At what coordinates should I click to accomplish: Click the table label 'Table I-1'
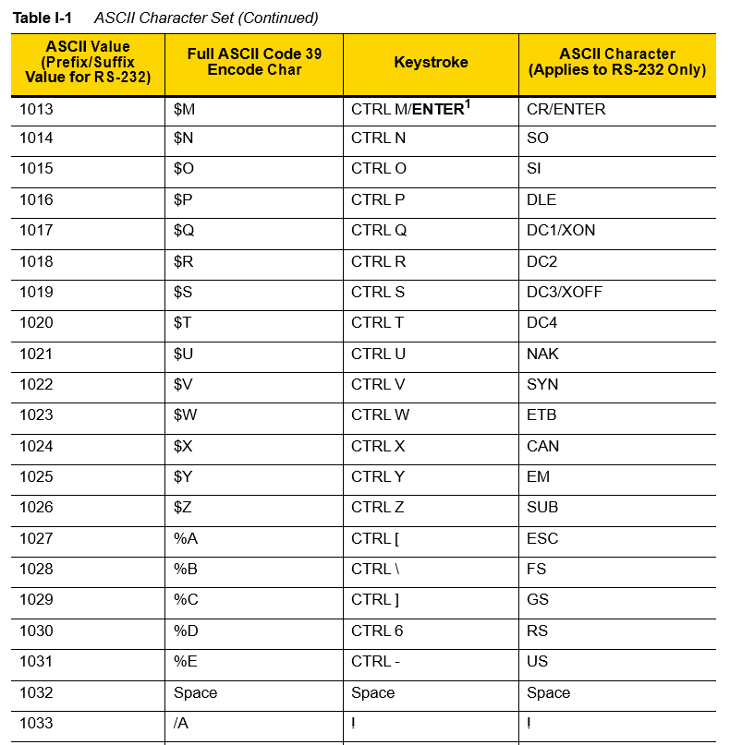(43, 18)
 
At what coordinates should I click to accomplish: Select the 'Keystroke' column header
(431, 63)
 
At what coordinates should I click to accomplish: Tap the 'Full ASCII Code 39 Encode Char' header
(254, 62)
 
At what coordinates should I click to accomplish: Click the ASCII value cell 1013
(36, 109)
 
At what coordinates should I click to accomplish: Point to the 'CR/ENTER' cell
(566, 109)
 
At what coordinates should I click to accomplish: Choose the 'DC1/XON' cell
(560, 231)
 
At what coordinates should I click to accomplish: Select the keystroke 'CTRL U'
(378, 354)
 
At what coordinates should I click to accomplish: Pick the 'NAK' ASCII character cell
(542, 354)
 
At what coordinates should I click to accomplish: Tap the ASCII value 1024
(36, 447)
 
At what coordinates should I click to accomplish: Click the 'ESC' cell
(542, 539)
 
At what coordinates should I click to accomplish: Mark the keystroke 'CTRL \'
(375, 570)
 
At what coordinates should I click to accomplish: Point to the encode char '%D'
(186, 631)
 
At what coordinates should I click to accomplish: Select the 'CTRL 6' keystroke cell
(377, 631)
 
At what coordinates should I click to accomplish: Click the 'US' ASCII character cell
(537, 662)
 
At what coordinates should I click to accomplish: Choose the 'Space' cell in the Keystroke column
(372, 693)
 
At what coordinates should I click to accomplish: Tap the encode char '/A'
(181, 724)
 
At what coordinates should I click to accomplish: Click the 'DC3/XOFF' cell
(564, 293)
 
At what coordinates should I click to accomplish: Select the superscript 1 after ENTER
(468, 104)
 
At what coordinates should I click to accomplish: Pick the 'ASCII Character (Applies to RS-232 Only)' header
(616, 62)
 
